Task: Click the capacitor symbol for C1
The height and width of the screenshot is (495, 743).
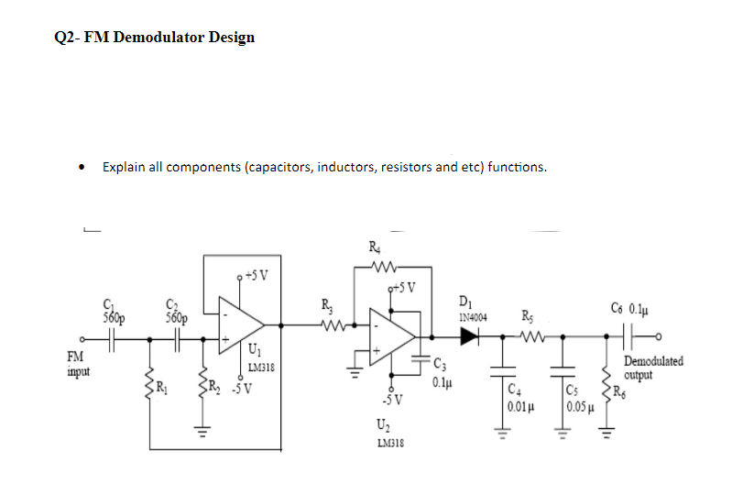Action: click(x=111, y=336)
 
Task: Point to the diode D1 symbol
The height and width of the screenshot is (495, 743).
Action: click(x=469, y=336)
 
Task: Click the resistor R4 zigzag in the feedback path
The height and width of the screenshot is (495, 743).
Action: click(x=377, y=269)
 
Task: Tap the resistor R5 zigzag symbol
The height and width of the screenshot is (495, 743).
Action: click(x=531, y=336)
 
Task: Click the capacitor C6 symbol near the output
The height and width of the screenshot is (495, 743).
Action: click(x=633, y=336)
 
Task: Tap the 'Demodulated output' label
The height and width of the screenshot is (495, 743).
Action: click(x=653, y=368)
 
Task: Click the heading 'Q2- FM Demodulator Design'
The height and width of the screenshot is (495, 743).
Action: click(x=155, y=38)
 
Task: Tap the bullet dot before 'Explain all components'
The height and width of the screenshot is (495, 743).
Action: click(x=83, y=168)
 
